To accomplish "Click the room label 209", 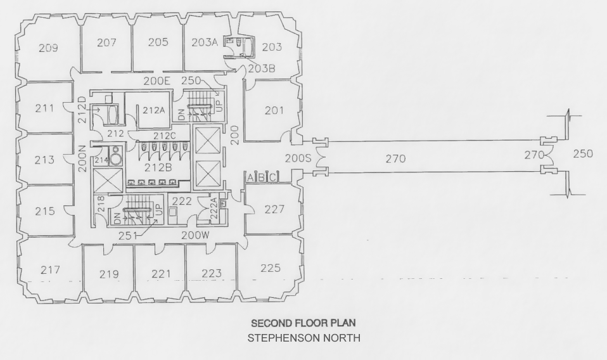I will tap(48, 48).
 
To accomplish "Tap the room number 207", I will tap(106, 42).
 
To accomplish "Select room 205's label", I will tap(158, 42).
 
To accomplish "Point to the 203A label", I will tap(205, 42).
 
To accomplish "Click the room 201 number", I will tap(274, 111).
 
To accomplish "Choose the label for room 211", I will tap(44, 108).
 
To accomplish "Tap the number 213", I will tap(44, 160).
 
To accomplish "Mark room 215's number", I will tap(44, 211).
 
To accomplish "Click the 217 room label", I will tap(50, 270).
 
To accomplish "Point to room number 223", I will tap(212, 274).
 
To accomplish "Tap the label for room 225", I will tap(270, 268).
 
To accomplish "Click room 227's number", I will tap(274, 209).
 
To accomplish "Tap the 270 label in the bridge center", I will tap(395, 159).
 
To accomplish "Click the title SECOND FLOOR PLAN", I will tap(303, 323).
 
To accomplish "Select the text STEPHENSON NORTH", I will tap(303, 338).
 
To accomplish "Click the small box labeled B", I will tap(262, 177).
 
